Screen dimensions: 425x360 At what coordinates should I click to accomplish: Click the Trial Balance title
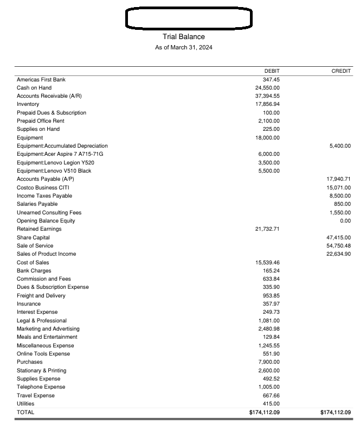coord(184,37)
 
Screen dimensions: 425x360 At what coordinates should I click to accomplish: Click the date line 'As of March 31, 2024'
coord(184,48)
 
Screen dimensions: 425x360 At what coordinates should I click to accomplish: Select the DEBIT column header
coord(272,71)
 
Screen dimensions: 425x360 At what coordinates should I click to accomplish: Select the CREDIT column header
coord(341,71)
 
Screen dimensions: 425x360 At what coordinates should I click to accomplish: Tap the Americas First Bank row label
coord(41,79)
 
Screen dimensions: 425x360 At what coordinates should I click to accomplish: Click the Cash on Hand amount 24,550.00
coord(267,87)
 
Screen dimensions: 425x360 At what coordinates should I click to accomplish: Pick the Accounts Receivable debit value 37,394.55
coord(267,96)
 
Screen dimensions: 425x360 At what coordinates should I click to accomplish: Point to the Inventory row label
coord(28,104)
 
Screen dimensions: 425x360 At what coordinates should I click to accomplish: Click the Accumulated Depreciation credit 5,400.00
coord(340,145)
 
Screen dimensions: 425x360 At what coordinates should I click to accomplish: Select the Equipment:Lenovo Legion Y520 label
coord(55,162)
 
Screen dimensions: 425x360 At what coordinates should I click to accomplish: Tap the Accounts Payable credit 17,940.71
coord(339,179)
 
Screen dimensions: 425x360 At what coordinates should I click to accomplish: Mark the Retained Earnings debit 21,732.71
coord(267,229)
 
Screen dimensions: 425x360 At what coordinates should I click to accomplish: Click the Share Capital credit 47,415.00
coord(339,238)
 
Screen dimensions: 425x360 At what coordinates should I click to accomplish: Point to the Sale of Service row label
coord(35,246)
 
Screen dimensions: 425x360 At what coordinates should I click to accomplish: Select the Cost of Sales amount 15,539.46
coord(267,263)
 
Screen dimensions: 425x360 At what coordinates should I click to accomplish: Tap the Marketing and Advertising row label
coord(48,329)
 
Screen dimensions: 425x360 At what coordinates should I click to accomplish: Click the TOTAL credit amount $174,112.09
coord(336,413)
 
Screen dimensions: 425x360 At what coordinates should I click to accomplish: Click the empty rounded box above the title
coord(189,18)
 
